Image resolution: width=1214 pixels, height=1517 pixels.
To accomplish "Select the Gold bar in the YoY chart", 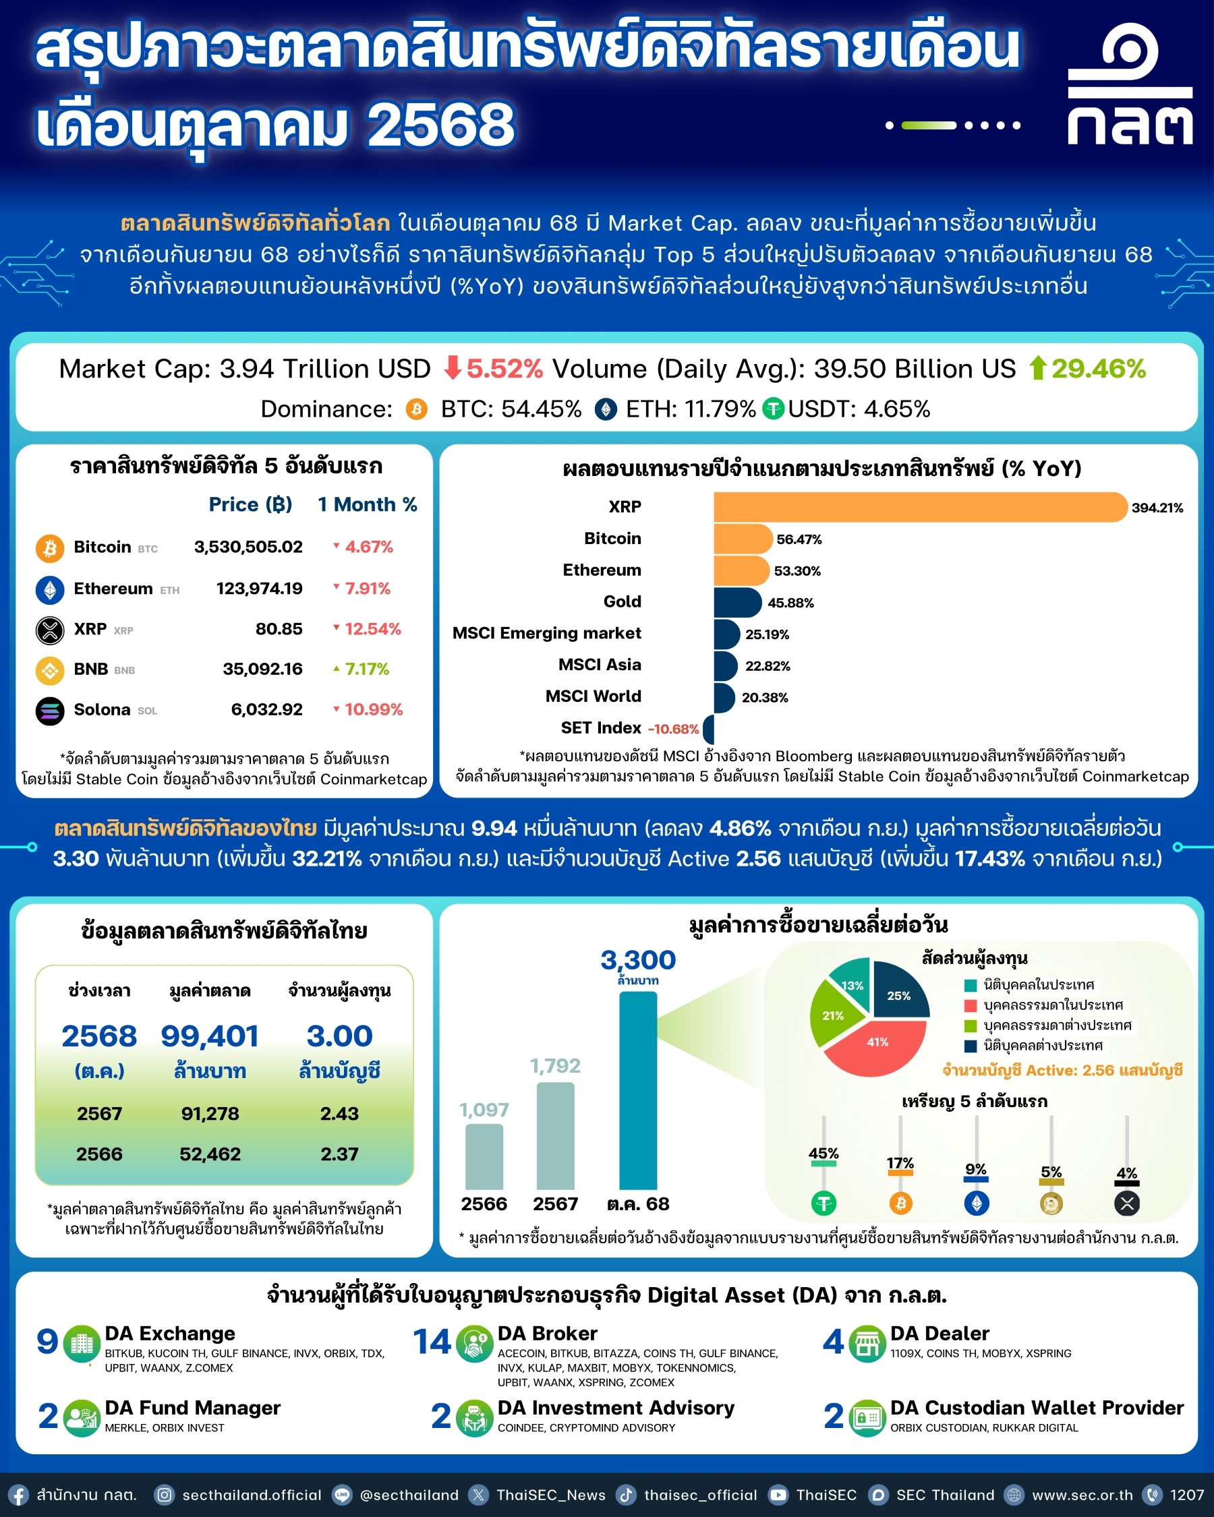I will pos(736,602).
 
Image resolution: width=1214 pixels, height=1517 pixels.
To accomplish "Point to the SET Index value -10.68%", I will pos(673,729).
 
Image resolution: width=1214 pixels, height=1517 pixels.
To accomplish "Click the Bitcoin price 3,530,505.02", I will pos(248,547).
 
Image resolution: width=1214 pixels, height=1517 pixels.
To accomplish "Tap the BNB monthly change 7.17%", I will pos(366,668).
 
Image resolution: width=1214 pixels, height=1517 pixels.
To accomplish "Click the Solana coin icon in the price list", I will pos(50,710).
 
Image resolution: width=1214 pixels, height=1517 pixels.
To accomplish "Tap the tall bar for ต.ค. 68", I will pos(637,1091).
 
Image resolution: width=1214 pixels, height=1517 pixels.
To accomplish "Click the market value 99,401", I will pos(210,1036).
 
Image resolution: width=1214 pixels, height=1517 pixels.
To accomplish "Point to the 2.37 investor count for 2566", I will pos(339,1154).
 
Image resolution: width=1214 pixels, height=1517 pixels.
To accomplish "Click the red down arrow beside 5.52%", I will pos(453,368).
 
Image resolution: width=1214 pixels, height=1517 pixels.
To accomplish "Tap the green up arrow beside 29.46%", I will pos(1037,368).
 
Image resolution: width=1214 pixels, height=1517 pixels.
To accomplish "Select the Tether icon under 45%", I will pos(823,1203).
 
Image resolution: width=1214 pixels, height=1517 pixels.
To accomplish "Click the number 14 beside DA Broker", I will pos(432,1342).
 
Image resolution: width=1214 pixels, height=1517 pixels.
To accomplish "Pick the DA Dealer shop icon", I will pos(867,1343).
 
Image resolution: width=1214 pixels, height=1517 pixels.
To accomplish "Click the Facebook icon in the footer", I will pos(18,1495).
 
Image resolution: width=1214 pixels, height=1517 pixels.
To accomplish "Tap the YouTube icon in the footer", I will pos(778,1495).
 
